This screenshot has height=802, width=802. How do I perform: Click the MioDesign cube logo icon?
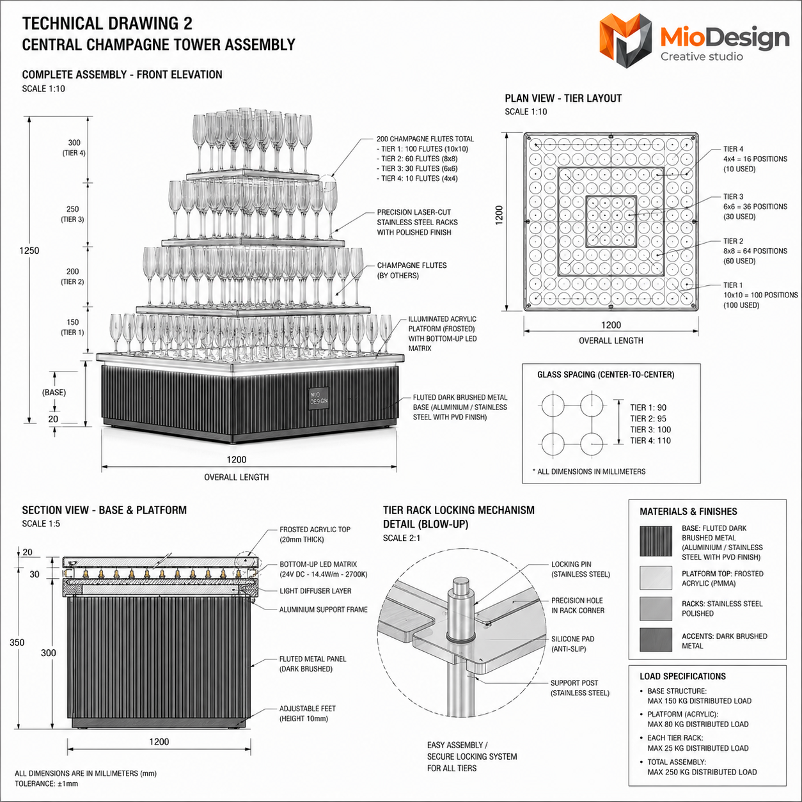(x=625, y=40)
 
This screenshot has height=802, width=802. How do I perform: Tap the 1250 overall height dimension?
(x=29, y=251)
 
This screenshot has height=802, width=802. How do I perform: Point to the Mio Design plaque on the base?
(x=318, y=398)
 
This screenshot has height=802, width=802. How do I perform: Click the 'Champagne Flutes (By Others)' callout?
(x=412, y=271)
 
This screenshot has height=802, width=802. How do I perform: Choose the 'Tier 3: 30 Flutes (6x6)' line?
(x=417, y=169)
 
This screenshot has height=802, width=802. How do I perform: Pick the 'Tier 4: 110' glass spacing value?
(x=650, y=441)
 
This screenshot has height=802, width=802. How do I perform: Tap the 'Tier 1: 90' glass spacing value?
(x=649, y=407)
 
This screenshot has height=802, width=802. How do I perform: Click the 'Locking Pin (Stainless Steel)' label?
(x=581, y=569)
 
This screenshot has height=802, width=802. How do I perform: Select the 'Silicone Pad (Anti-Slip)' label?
(x=572, y=644)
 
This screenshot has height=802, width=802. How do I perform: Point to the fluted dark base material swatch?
(x=656, y=541)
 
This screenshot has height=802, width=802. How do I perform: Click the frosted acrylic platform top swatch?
(x=656, y=578)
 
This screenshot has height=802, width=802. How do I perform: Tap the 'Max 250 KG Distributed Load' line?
(x=702, y=772)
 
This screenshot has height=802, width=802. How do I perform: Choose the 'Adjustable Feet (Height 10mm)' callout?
(x=308, y=713)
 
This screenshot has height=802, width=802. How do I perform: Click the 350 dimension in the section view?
(x=17, y=642)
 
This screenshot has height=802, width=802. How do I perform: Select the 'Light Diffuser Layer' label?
(x=315, y=591)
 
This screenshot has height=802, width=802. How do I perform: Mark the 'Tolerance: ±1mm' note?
(x=47, y=783)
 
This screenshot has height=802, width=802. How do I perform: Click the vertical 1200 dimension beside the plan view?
(x=499, y=215)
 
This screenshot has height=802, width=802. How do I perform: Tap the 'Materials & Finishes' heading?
(x=688, y=512)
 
